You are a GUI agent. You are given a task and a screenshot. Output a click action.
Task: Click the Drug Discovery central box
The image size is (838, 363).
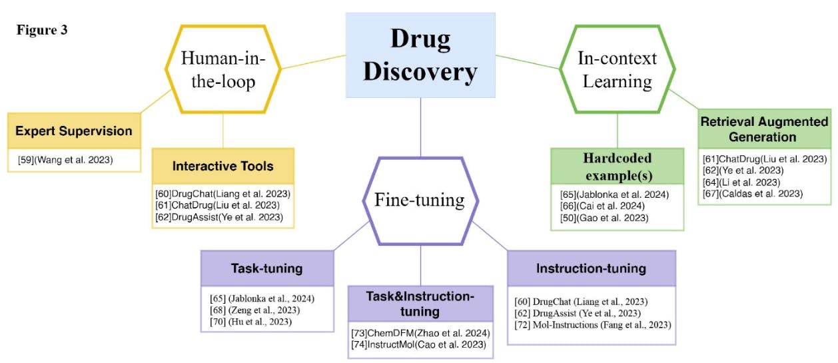(420, 55)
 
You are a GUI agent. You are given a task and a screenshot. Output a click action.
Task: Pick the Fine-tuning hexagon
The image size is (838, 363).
(420, 199)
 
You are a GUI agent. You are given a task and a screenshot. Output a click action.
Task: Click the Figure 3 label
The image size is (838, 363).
(42, 31)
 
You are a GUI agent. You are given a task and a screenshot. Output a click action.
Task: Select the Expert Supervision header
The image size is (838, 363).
(74, 131)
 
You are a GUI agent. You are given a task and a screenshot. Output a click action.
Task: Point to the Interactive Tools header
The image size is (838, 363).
(222, 166)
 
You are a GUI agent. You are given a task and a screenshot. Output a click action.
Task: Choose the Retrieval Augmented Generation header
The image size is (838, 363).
(764, 129)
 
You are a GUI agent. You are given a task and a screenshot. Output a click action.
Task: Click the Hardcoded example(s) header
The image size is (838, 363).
(617, 167)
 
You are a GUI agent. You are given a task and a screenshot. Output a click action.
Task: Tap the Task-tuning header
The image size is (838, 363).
(266, 268)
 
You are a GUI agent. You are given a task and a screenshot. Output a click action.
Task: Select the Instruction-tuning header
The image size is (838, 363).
(591, 268)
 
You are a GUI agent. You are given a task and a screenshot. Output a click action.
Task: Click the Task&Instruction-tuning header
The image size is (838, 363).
(420, 304)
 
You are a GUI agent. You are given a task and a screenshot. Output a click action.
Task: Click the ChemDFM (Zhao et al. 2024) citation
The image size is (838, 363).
(420, 332)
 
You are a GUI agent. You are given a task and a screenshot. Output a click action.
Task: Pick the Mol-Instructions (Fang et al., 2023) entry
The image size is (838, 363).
(593, 324)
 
